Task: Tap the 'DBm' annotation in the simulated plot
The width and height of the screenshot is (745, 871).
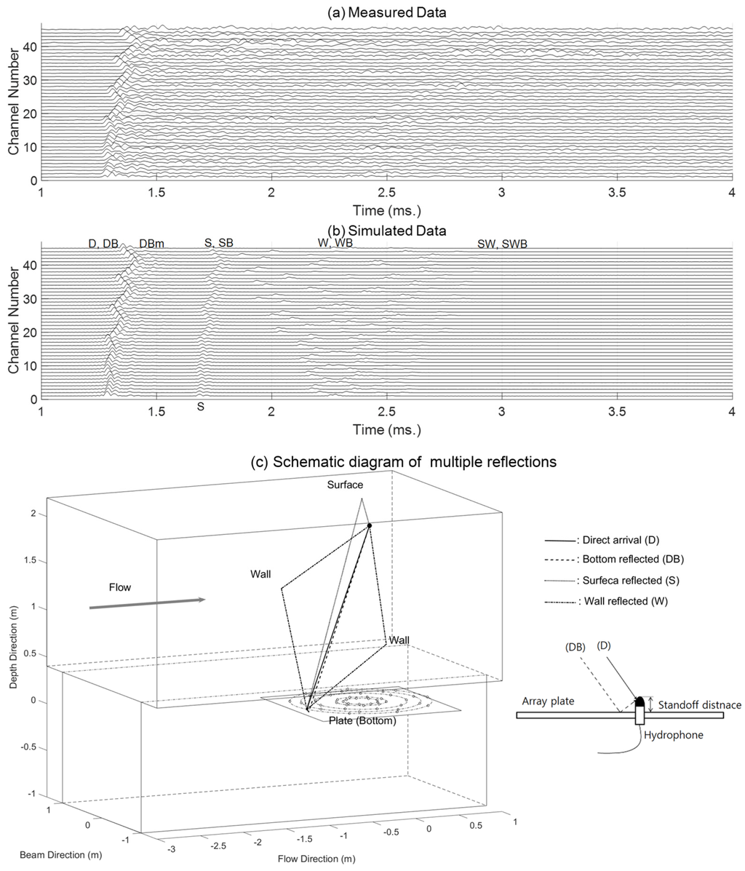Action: (151, 244)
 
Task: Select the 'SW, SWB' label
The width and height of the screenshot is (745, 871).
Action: (502, 244)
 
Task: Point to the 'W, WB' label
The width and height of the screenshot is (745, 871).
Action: (335, 243)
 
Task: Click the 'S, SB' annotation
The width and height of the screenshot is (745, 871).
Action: (218, 243)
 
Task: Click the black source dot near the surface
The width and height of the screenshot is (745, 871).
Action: (370, 525)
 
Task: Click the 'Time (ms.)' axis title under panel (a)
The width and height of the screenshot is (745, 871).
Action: (386, 211)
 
